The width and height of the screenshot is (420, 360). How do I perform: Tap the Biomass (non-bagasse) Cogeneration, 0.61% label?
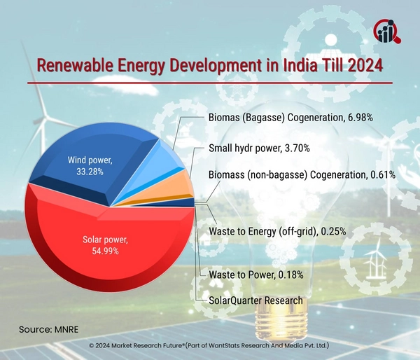[x=303, y=174]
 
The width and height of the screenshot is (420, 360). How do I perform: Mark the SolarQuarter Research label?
[x=256, y=300]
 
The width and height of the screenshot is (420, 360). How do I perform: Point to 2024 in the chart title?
[x=363, y=67]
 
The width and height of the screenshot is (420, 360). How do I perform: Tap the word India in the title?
[x=296, y=67]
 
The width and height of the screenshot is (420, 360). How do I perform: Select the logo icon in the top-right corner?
[x=386, y=29]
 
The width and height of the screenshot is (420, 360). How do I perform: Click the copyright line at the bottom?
[x=210, y=346]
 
